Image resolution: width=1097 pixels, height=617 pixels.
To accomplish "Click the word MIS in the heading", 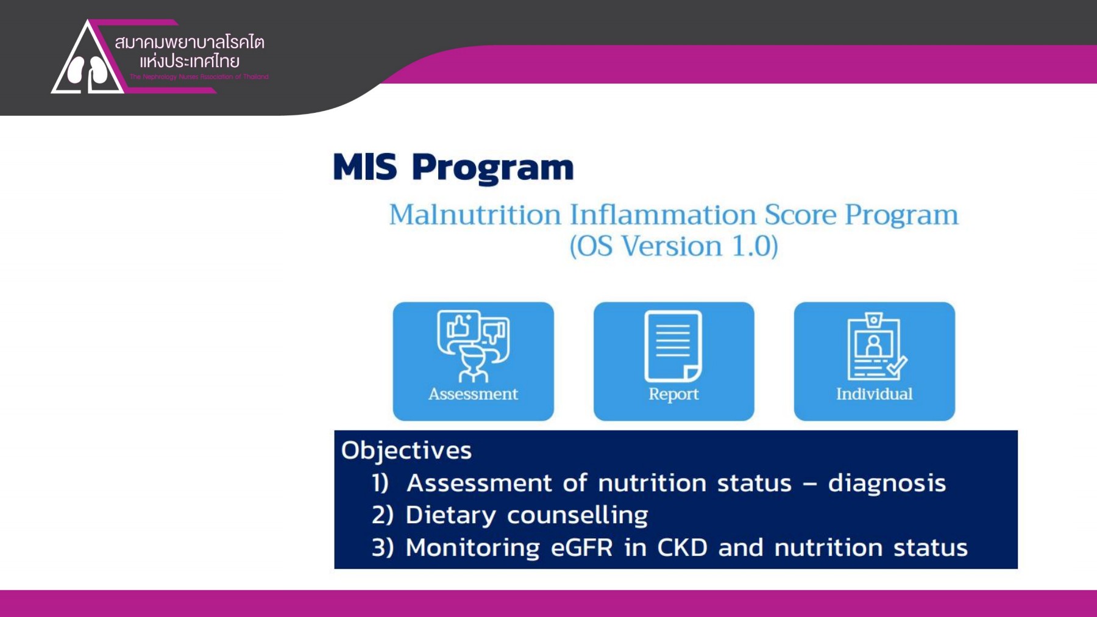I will (365, 167).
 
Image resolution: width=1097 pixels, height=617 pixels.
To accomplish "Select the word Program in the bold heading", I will (492, 167).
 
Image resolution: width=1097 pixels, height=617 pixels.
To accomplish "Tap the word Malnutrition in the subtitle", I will (475, 215).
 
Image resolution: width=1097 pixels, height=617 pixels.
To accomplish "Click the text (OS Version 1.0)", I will (673, 246).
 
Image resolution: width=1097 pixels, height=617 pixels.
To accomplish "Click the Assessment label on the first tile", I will (473, 394).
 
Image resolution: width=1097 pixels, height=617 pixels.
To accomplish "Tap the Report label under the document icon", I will (673, 394).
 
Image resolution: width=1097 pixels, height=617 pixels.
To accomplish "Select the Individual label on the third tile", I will (874, 394).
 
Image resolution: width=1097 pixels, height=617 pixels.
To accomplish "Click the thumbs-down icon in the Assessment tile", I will (494, 332).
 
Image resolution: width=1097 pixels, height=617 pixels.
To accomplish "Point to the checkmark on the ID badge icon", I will (897, 366).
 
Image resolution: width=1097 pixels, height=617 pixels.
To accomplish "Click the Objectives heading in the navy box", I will (406, 451).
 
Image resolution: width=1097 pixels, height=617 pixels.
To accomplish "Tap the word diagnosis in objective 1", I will (886, 483).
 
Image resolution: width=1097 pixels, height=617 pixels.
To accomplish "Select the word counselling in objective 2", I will (577, 515).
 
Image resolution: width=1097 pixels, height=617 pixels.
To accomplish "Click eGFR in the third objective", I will (581, 547).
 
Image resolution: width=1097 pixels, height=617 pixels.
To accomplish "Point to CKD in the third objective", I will (682, 547).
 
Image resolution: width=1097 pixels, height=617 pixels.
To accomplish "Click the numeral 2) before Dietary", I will (382, 515).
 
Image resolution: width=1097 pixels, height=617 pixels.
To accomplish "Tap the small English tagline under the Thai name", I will (199, 77).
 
